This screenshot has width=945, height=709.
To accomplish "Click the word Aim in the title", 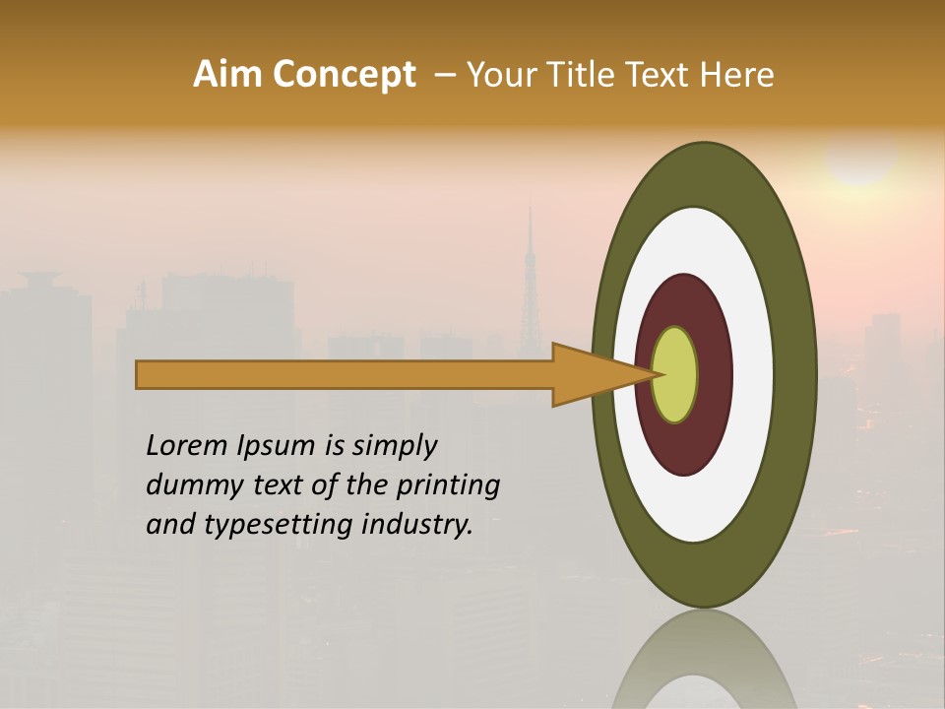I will coord(227,75).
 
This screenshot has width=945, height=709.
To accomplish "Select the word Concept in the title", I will coord(343,75).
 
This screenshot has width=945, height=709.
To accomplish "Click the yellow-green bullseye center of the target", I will coord(675,375).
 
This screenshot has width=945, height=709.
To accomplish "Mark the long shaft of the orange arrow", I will coord(345,375).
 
